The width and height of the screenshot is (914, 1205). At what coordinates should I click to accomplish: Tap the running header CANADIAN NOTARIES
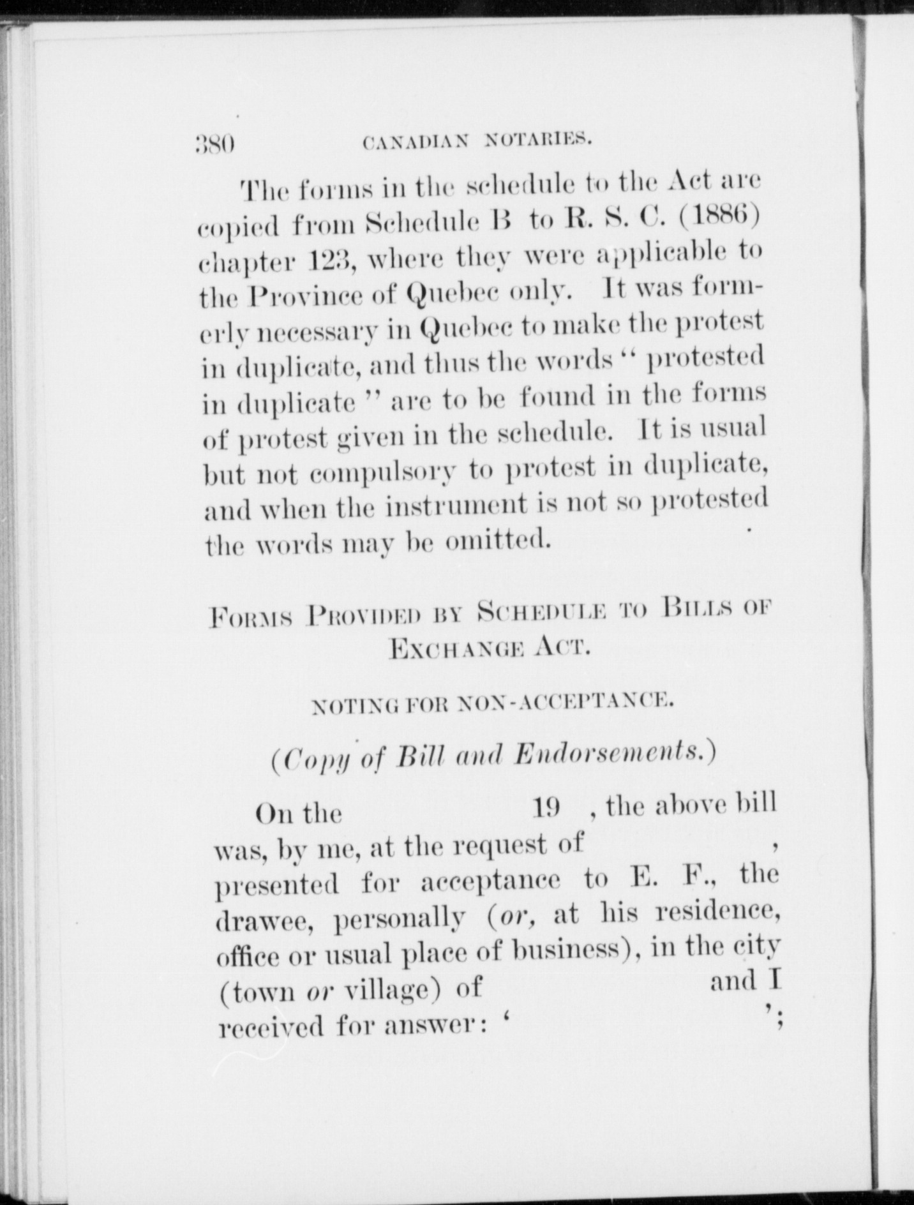pos(476,140)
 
